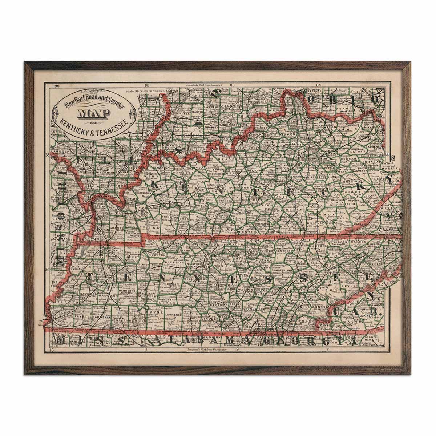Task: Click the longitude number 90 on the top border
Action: click(x=57, y=86)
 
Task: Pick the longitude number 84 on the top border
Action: click(x=319, y=86)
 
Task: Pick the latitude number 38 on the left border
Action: click(x=47, y=154)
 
